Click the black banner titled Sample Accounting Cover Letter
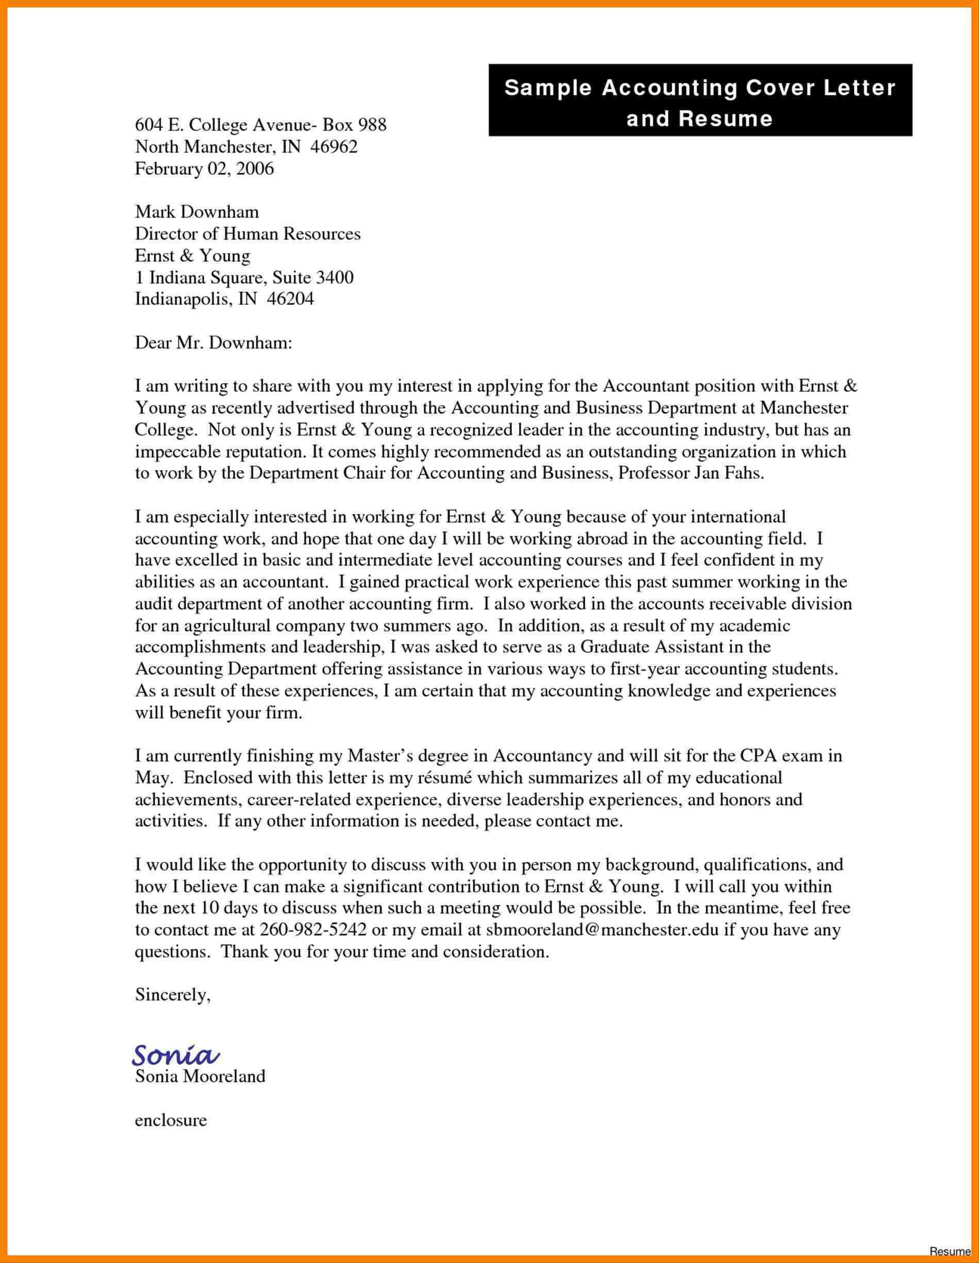[700, 101]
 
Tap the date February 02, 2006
[204, 169]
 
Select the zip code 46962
[334, 147]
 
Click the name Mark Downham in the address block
[196, 212]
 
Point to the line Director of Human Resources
[247, 234]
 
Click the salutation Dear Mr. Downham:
[213, 343]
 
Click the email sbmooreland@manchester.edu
[598, 930]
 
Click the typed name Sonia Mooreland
[200, 1076]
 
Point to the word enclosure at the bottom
[171, 1120]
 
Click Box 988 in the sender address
[354, 125]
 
